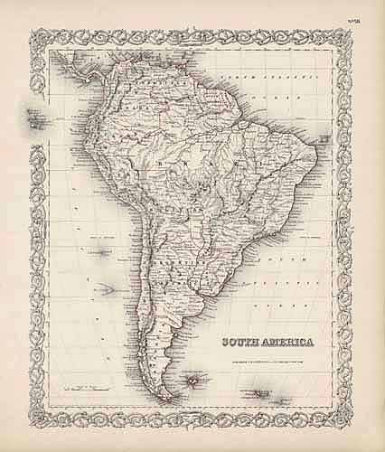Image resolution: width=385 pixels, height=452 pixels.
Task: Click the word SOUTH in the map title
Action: coord(234,341)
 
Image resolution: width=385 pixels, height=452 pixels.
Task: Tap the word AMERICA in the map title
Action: coord(282,341)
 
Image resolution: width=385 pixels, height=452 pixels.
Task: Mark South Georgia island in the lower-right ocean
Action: coord(265,394)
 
